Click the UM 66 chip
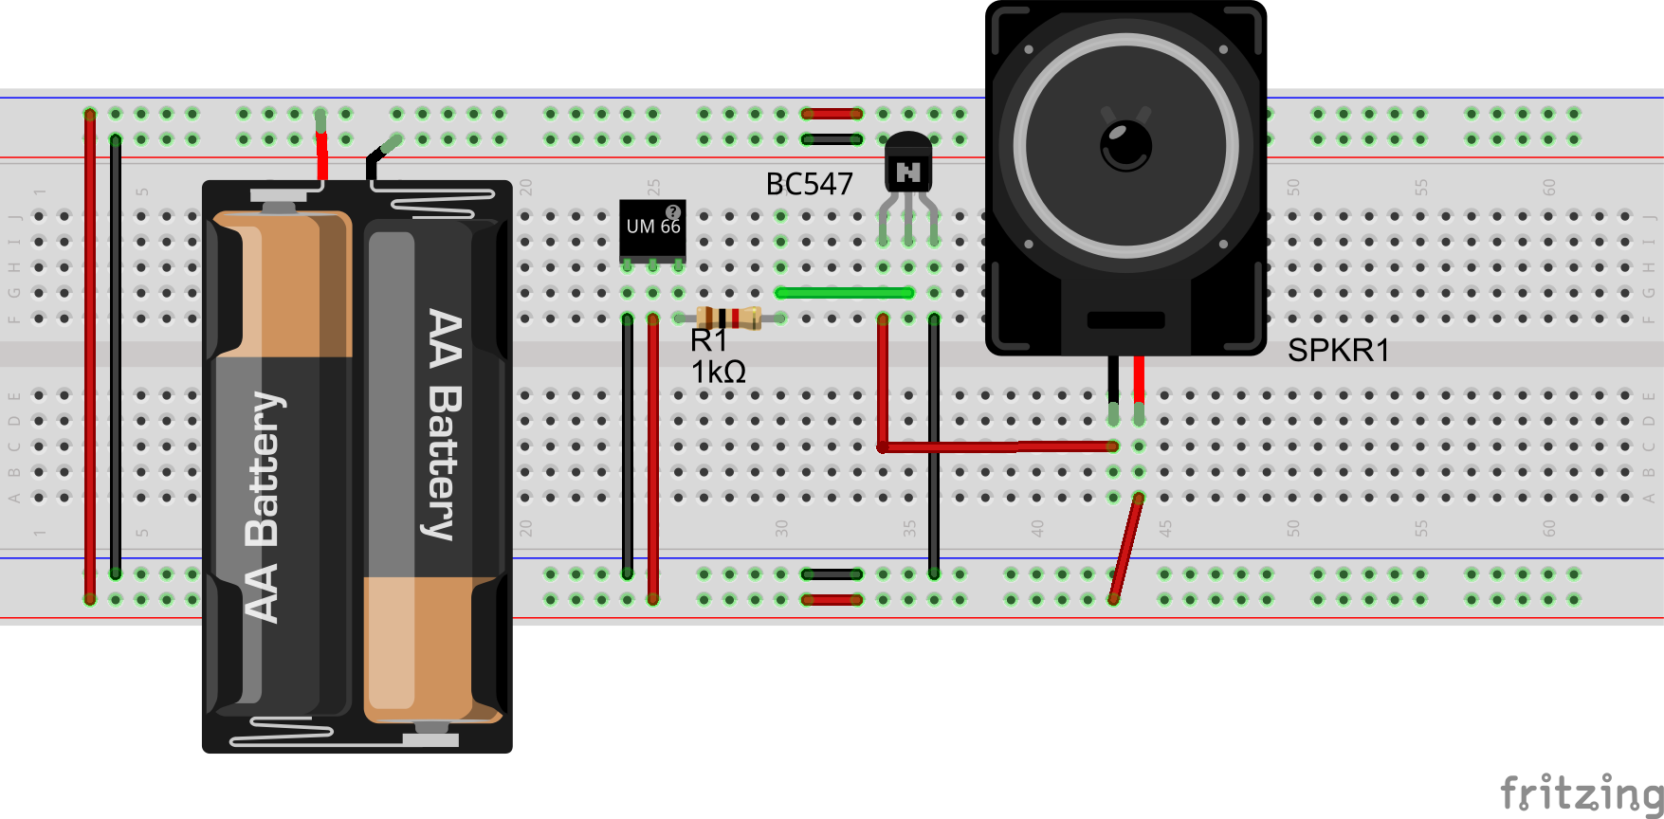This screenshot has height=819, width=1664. coord(652,228)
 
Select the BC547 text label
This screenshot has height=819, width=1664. coord(809,184)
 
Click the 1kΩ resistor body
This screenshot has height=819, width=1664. coord(728,318)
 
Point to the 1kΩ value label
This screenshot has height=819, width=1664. coord(718,373)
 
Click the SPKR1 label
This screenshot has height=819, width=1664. coord(1338,351)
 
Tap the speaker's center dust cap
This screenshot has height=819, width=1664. coord(1125,146)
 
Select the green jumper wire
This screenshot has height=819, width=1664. coord(844,293)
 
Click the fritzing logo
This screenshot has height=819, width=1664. coord(1581,792)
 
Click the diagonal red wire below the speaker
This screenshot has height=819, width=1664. coord(1125,550)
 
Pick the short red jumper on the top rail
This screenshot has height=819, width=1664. coord(832,114)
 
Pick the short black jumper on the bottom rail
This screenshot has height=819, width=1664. coord(832,574)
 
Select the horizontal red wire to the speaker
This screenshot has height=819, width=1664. coord(996,446)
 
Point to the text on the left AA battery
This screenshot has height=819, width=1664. coord(263,507)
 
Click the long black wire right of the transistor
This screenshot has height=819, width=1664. coord(934,446)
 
